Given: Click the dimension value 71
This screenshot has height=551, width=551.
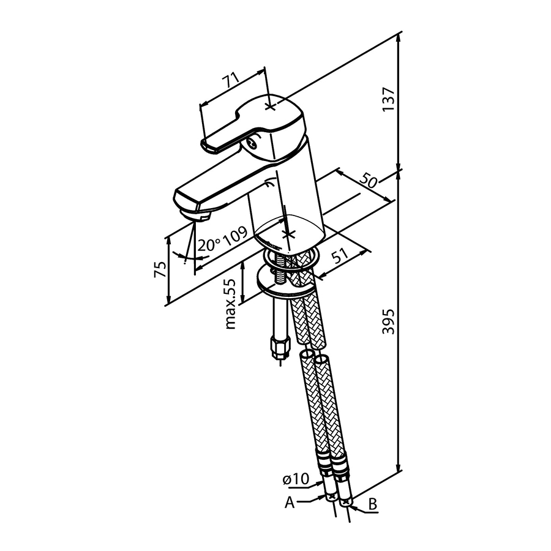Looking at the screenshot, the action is [x=231, y=81].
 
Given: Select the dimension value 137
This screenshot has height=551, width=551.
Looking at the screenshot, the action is [x=389, y=99].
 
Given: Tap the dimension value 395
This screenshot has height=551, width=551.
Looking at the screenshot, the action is [x=389, y=321].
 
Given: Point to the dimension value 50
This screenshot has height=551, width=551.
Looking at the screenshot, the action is [x=369, y=181].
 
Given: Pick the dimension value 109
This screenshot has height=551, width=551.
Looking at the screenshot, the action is [x=234, y=236].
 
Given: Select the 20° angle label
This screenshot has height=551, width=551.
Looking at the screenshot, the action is [x=208, y=244].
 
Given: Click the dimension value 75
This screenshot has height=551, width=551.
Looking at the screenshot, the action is [x=160, y=269].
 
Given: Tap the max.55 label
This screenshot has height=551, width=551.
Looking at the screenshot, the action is [x=231, y=304].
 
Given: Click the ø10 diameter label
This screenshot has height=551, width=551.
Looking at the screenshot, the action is [x=296, y=479].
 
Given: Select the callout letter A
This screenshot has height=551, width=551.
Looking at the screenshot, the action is [x=289, y=503].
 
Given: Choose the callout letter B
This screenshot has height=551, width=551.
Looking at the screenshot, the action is [x=373, y=504].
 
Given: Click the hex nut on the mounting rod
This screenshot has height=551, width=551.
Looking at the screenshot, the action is [x=280, y=346].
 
